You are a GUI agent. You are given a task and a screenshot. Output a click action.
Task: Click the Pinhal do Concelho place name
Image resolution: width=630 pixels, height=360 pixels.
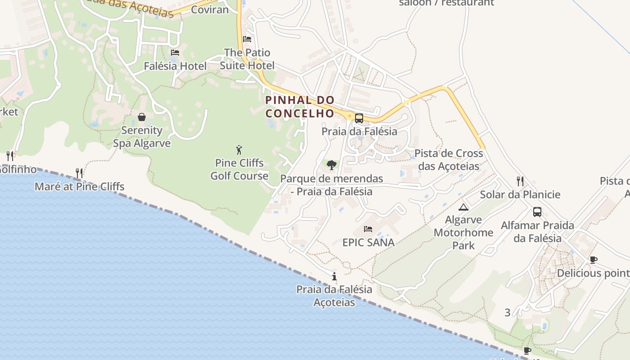point(300,107)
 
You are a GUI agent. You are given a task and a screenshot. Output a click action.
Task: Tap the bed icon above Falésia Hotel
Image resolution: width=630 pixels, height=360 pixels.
point(175,53)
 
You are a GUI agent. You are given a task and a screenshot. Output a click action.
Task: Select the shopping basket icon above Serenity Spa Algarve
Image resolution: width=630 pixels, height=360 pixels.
point(142,117)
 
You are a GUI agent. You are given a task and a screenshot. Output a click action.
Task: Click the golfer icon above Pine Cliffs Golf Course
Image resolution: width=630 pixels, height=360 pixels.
point(239,150)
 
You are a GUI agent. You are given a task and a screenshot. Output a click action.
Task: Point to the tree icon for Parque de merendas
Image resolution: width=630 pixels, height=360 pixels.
point(332,165)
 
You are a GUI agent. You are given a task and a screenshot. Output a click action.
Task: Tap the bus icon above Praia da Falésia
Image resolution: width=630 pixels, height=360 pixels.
point(359,118)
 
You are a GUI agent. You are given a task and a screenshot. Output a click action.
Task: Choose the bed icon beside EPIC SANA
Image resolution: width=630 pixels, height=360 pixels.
point(368,229)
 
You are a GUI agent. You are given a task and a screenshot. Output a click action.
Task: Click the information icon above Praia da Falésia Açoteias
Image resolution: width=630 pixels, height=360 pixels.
point(334,276)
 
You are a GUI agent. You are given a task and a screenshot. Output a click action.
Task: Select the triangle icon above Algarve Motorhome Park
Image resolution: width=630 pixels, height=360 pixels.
point(463,207)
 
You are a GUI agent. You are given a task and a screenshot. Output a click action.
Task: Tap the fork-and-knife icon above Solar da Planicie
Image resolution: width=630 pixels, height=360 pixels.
point(520,181)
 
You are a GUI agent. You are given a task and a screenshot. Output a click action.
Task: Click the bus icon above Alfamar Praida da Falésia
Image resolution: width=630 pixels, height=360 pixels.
point(537,212)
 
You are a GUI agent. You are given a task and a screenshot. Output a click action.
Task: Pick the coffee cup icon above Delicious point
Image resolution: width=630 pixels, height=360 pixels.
point(593,260)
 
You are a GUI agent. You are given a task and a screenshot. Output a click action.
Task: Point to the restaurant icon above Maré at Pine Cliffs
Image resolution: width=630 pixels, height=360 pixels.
point(79,173)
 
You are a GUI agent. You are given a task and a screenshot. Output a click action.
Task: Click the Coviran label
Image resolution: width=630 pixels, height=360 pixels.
point(210,9)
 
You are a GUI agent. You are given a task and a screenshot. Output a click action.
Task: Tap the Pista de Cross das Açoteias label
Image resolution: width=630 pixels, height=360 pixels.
point(449,160)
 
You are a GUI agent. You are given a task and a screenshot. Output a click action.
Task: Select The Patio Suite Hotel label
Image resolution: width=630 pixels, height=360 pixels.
point(247,59)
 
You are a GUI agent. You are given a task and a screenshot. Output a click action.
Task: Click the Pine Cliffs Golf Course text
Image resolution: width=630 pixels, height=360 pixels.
point(239,169)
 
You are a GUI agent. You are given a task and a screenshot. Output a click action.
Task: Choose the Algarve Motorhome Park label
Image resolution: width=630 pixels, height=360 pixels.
point(463,233)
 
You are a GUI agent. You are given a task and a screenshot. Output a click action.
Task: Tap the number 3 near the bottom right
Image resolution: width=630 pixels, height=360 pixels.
point(508,312)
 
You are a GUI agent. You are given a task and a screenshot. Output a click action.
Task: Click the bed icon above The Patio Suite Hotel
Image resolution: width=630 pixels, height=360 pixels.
point(247,39)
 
